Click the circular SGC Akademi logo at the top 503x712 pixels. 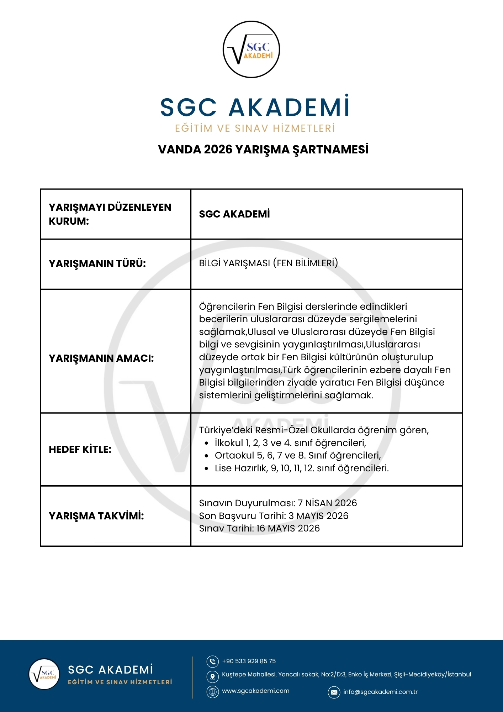tap(251, 49)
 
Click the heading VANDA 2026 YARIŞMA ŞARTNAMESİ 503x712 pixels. tap(263, 150)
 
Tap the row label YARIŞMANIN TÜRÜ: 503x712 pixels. tap(97, 264)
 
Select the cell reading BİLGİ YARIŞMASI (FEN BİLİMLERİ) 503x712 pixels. tap(268, 263)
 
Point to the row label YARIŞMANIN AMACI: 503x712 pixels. tap(101, 358)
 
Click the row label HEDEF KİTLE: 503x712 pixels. tap(80, 449)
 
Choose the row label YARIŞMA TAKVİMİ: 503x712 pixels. tap(96, 516)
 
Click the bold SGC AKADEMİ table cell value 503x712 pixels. tap(234, 214)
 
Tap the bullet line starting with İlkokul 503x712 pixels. tap(290, 443)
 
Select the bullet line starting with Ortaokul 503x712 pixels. tap(298, 455)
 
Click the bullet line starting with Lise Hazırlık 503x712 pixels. tap(302, 468)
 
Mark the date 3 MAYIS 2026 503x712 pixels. tap(318, 516)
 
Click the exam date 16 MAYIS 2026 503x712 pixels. tap(288, 528)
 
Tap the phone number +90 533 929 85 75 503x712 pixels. tap(249, 661)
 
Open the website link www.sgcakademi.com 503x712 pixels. tap(255, 691)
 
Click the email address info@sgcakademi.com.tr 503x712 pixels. tap(380, 692)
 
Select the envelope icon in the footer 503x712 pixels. tap(334, 692)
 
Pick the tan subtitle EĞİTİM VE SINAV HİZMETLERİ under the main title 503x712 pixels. tap(255, 129)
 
